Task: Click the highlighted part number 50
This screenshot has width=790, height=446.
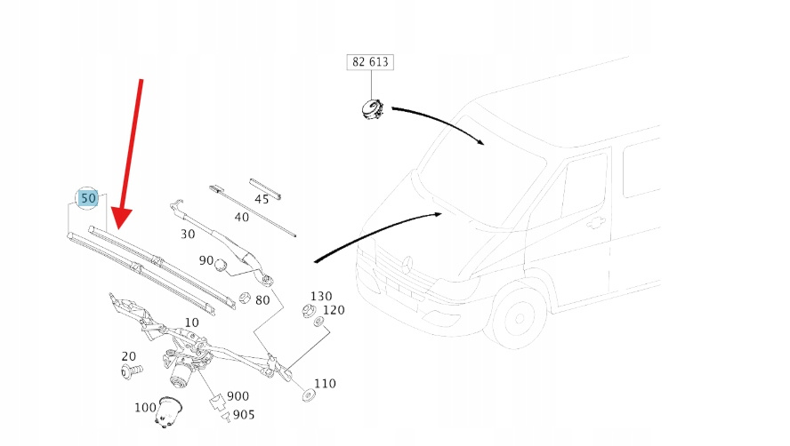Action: tap(87, 198)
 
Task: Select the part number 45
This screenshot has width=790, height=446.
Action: tap(262, 199)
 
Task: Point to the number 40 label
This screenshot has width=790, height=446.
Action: tap(241, 217)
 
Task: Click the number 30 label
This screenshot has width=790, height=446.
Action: tap(187, 234)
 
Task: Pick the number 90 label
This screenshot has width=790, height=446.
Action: tap(206, 260)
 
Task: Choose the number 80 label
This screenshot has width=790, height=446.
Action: tap(262, 300)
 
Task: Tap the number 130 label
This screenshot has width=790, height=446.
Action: tap(320, 296)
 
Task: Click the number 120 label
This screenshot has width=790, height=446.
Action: tap(333, 310)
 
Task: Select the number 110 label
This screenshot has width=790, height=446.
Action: tap(325, 384)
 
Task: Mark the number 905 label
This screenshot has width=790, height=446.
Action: tap(244, 414)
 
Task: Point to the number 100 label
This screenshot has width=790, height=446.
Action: tap(145, 407)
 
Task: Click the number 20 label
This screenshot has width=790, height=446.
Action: tap(128, 356)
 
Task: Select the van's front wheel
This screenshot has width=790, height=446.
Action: tap(518, 317)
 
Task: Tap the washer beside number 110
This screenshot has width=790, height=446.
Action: tap(308, 393)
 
